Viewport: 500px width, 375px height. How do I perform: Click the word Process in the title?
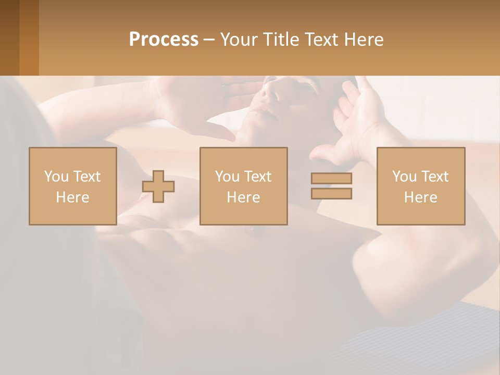coord(164,40)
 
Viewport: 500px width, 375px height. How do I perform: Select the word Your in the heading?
coord(237,40)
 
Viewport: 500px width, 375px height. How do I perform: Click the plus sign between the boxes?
coord(158,186)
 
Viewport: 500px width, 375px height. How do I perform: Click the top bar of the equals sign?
coord(331,178)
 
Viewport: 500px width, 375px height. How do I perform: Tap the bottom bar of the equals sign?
coord(331,193)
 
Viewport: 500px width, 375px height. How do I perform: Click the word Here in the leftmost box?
coord(72,197)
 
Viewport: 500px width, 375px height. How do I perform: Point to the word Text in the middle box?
coord(258,177)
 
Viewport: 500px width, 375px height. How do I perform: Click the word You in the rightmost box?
coord(405,177)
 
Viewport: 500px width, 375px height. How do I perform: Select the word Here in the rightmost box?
coord(420,197)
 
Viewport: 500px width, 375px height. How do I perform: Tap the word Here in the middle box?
coord(243,197)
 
